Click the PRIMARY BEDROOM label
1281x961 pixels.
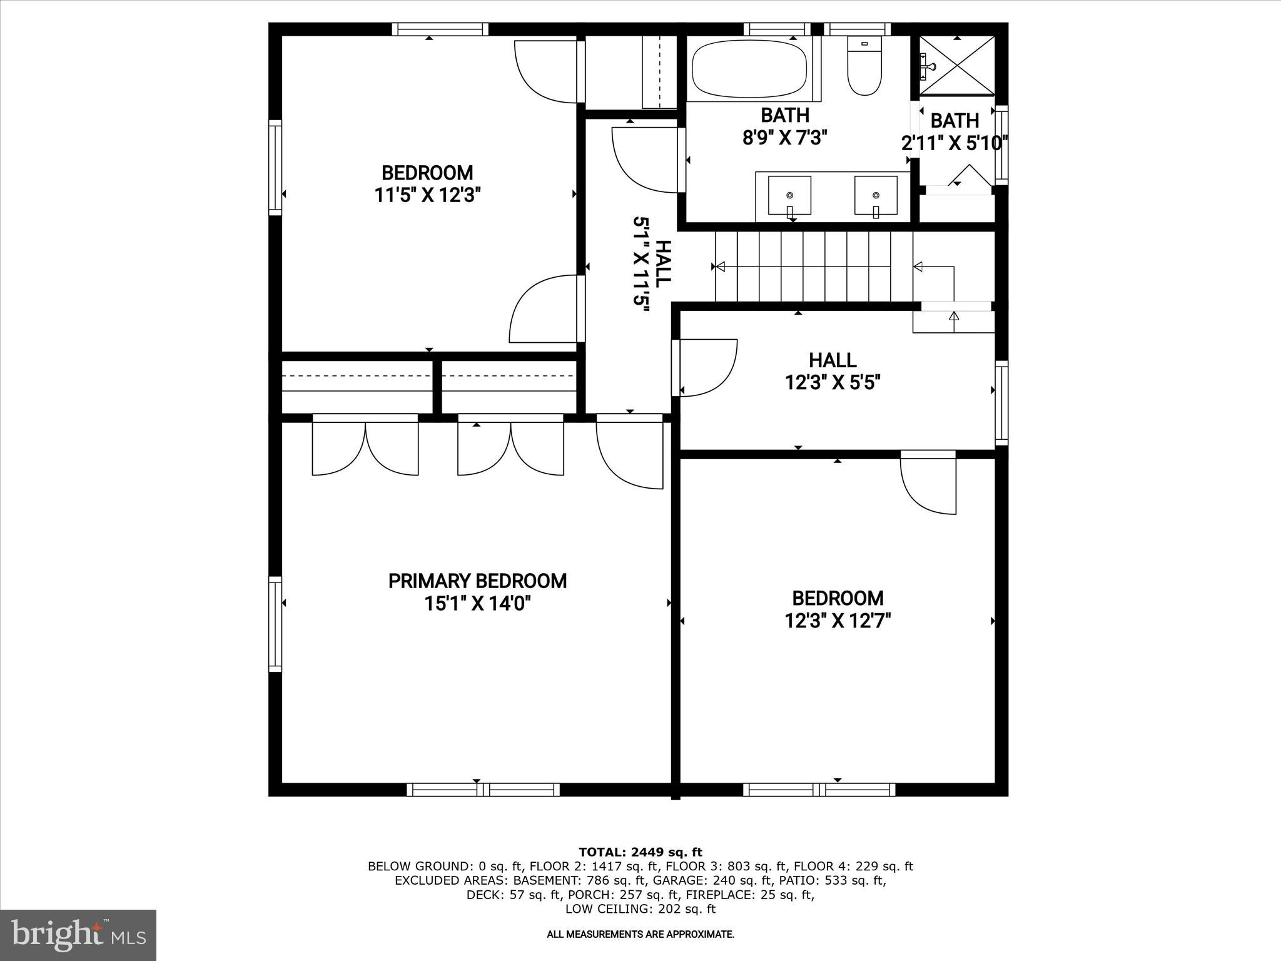tap(477, 581)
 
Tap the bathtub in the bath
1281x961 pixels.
tap(748, 69)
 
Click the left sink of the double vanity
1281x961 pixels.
tap(789, 195)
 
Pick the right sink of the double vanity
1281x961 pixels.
tap(876, 195)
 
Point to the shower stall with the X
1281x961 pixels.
tap(957, 65)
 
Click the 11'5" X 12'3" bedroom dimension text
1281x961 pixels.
tap(428, 195)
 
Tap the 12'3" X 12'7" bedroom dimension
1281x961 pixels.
tap(838, 621)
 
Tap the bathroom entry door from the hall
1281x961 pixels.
tap(647, 160)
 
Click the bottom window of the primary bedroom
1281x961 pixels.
tap(483, 790)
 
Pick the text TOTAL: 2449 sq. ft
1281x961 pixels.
tap(640, 852)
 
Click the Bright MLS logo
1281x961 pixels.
tap(78, 935)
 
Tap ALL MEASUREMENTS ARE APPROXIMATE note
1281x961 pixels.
tap(640, 935)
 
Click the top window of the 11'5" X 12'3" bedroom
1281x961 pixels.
tap(440, 29)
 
